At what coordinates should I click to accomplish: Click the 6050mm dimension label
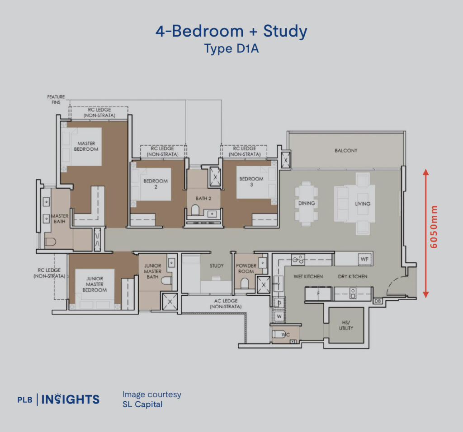coord(434,227)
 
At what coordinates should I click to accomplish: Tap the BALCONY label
coord(346,150)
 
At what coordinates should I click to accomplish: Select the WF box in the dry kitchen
coord(365,259)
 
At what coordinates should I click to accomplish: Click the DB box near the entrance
coord(378,301)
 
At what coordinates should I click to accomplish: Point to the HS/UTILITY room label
coord(346,325)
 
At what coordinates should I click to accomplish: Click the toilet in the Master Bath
coord(51,242)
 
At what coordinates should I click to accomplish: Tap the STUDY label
coord(217,266)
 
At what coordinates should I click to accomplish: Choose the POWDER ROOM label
coord(246,268)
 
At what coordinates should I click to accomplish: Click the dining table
coord(306,204)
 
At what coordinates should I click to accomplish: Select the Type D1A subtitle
coord(231,48)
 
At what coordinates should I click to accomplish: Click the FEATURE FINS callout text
coord(56,99)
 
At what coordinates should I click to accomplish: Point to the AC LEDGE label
coord(226,303)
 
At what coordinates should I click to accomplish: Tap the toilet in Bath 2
coord(195,209)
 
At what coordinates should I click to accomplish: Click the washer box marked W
coord(279,317)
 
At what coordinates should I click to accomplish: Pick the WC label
coord(286,334)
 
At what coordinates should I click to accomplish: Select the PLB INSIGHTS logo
coord(58,399)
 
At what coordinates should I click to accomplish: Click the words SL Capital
coord(142,404)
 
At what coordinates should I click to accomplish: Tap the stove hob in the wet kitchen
coord(298,260)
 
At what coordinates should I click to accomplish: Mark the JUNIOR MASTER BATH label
coord(153,271)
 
